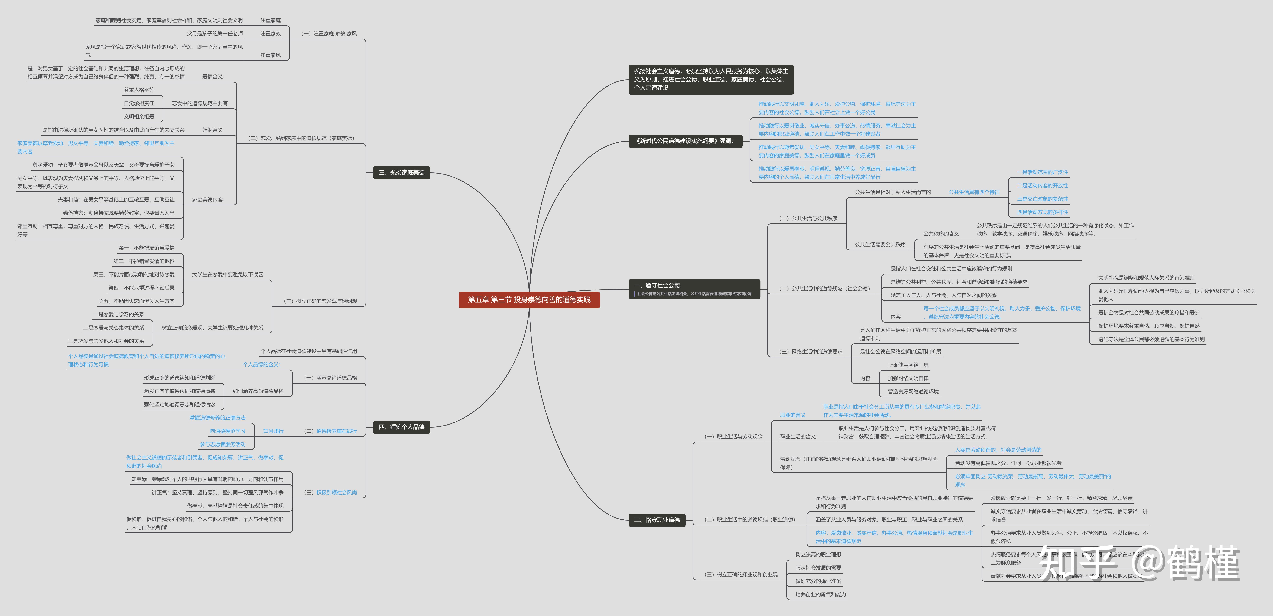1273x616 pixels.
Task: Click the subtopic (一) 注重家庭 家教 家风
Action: click(329, 34)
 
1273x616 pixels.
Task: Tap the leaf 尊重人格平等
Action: click(139, 90)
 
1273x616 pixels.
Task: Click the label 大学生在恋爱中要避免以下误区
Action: click(227, 274)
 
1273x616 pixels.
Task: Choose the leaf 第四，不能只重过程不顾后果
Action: click(141, 288)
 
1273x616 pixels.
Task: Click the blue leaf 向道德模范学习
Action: click(227, 431)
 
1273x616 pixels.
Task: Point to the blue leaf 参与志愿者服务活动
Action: click(222, 445)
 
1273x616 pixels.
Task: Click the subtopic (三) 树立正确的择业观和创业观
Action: click(741, 574)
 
